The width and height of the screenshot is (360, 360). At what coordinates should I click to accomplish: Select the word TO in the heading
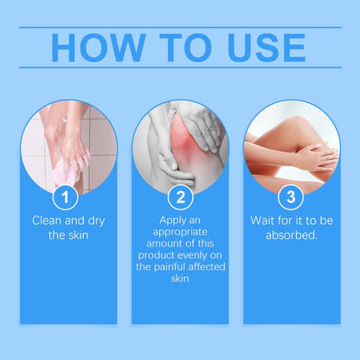pyautogui.click(x=180, y=48)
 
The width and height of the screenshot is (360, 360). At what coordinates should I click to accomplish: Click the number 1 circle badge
pyautogui.click(x=65, y=197)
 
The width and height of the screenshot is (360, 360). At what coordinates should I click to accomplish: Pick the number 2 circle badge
pyautogui.click(x=179, y=197)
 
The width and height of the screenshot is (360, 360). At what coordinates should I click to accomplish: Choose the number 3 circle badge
pyautogui.click(x=294, y=197)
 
